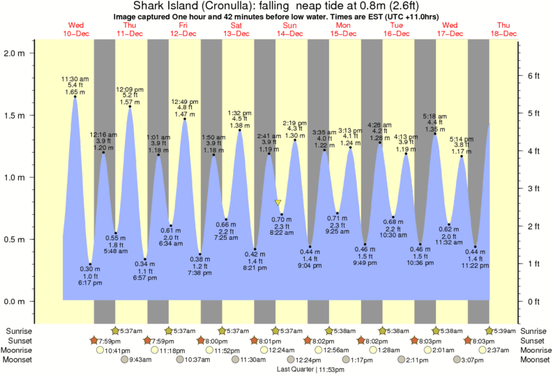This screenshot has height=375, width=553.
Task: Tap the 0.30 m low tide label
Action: tap(85, 268)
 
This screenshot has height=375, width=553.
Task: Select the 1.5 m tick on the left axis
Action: tap(15, 115)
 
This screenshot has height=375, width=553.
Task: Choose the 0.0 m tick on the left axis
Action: tap(15, 301)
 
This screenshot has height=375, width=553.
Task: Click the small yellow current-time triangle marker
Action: tap(279, 203)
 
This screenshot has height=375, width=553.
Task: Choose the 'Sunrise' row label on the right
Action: tap(535, 330)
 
